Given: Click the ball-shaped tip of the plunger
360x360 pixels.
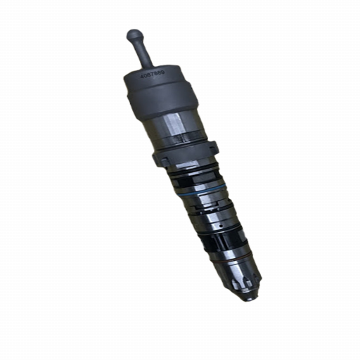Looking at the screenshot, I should tap(134, 34).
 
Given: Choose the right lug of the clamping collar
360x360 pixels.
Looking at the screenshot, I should tap(215, 148).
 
